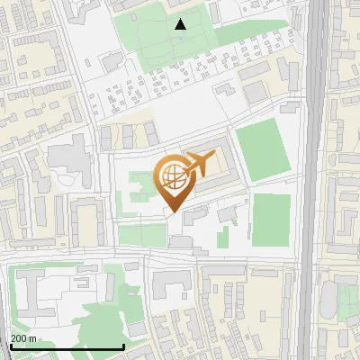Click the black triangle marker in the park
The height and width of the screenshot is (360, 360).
[181, 24]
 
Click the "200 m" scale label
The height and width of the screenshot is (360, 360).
[23, 338]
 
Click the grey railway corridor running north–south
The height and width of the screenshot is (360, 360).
[316, 180]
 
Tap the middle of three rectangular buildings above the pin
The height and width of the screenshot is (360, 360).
[128, 136]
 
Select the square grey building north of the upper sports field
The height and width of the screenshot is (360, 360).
[256, 92]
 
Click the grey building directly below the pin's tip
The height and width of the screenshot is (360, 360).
[181, 241]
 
